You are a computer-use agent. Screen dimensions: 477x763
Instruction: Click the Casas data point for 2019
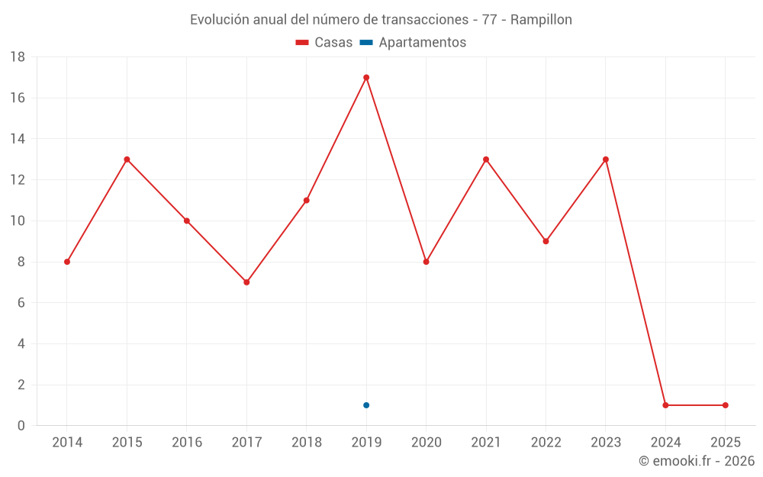click(x=366, y=77)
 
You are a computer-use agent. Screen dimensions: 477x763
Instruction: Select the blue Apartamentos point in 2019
click(x=366, y=405)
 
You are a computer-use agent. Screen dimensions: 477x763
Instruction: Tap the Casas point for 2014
click(x=67, y=262)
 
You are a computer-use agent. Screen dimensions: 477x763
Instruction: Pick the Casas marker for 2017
click(x=246, y=282)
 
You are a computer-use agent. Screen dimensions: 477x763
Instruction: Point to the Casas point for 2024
click(x=665, y=405)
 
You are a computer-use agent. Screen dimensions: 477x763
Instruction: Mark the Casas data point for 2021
click(x=486, y=160)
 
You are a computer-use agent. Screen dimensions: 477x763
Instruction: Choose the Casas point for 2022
click(x=546, y=241)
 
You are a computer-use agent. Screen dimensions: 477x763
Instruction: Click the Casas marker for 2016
click(x=187, y=221)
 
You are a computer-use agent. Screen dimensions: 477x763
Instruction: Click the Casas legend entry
click(x=324, y=43)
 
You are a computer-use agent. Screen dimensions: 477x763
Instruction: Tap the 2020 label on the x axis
click(x=426, y=442)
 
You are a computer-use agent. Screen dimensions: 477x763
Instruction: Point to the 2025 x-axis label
click(x=725, y=442)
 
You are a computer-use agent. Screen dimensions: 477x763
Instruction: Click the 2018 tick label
click(x=307, y=442)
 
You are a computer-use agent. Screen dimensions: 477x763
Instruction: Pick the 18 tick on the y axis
click(x=18, y=57)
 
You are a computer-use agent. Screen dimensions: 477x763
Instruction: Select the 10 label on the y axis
click(x=18, y=221)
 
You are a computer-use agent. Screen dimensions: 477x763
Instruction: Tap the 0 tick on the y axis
click(x=21, y=426)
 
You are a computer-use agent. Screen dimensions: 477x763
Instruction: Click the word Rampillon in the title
click(x=541, y=20)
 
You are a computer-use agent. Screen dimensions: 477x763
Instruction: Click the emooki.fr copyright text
click(x=697, y=461)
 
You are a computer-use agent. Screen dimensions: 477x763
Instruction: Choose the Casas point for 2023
click(x=606, y=160)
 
